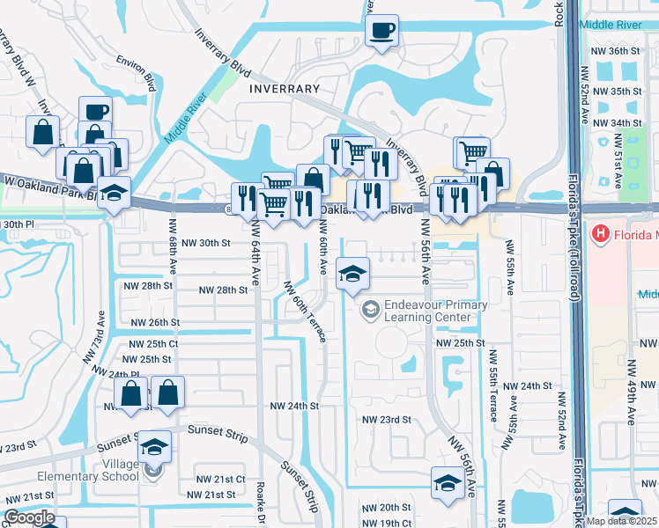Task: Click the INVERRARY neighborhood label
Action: (x=284, y=89)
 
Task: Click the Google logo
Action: (x=29, y=518)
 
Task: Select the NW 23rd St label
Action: (x=387, y=420)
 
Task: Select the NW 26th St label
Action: (x=155, y=323)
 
